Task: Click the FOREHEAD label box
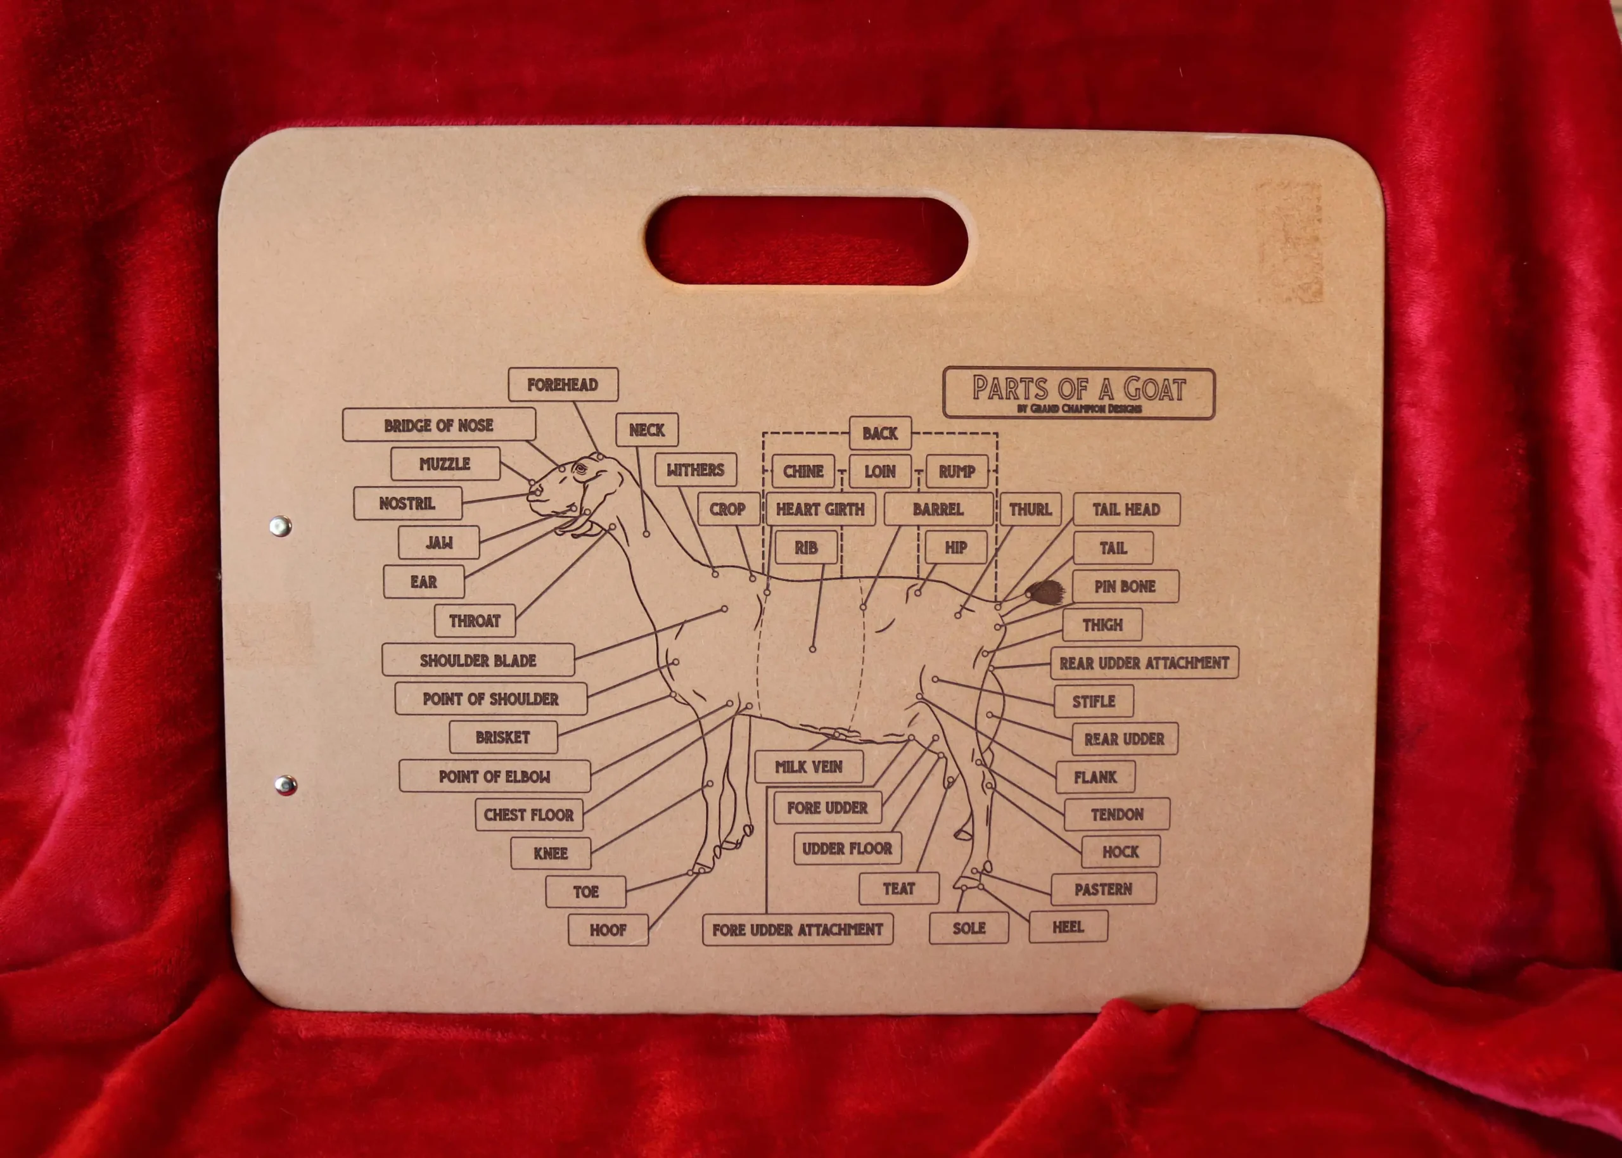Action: click(563, 385)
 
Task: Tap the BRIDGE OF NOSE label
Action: click(438, 425)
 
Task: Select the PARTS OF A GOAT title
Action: click(1079, 393)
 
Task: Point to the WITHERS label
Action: click(695, 470)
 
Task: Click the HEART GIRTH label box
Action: click(820, 509)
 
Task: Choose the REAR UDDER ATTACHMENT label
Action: click(1144, 663)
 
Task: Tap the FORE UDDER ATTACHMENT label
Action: click(798, 929)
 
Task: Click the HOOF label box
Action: click(608, 930)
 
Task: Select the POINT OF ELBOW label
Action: click(495, 776)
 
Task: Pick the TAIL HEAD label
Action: click(1127, 509)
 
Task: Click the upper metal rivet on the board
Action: click(280, 526)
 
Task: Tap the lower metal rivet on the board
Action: click(286, 785)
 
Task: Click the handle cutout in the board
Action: click(807, 239)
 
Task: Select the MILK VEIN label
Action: click(808, 767)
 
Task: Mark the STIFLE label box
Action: click(1094, 701)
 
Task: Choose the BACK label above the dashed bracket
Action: click(881, 433)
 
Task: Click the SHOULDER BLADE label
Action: click(478, 659)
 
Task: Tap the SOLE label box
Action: click(969, 927)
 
